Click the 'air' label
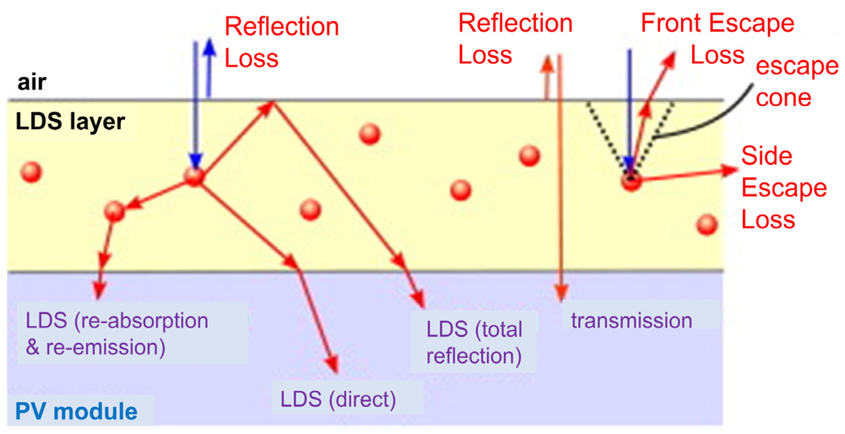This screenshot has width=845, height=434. (32, 82)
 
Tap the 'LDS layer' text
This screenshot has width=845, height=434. (70, 122)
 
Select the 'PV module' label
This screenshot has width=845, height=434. (76, 411)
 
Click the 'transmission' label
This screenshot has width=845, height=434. (632, 320)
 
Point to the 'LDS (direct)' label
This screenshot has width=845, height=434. (338, 399)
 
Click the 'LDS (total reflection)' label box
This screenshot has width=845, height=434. (474, 342)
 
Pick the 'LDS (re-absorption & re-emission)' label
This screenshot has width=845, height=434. (117, 333)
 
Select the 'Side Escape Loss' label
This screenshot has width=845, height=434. (784, 188)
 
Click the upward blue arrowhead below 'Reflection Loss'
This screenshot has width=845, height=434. (209, 47)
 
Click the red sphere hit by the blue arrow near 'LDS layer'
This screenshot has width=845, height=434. (194, 177)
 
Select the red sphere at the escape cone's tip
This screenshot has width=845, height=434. (631, 181)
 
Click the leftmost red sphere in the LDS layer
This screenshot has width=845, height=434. (31, 172)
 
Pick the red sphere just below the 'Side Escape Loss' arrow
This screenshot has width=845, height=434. (707, 225)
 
